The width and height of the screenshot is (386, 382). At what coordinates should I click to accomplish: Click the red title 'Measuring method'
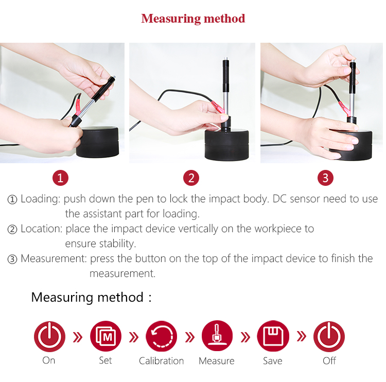click(193, 19)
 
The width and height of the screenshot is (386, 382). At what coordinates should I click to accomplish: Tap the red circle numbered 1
click(60, 178)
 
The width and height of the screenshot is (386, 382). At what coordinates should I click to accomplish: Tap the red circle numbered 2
click(191, 178)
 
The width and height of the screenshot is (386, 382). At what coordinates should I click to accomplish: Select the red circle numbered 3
click(325, 178)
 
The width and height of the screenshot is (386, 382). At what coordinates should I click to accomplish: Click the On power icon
click(49, 336)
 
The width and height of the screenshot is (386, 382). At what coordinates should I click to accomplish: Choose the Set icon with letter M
click(106, 336)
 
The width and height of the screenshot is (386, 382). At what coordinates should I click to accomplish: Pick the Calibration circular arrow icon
click(161, 336)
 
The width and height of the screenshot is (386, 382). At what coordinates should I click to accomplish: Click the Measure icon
click(217, 336)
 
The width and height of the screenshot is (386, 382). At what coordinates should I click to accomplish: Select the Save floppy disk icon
click(273, 336)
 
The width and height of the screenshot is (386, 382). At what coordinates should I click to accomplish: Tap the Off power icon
click(329, 336)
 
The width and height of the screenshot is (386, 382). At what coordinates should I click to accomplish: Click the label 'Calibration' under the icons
click(161, 361)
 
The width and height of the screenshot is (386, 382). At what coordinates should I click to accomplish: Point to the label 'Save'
click(272, 361)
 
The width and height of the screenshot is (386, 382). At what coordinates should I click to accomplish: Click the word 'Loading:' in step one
click(40, 199)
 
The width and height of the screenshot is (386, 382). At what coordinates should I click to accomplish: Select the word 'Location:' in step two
click(41, 229)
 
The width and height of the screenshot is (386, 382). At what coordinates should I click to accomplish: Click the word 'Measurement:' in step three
click(54, 258)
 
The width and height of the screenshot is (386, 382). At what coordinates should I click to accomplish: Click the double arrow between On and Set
click(78, 337)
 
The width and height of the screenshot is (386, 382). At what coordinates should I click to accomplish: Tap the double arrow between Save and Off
click(301, 336)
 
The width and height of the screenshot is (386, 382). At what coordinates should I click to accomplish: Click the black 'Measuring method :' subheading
click(91, 297)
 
